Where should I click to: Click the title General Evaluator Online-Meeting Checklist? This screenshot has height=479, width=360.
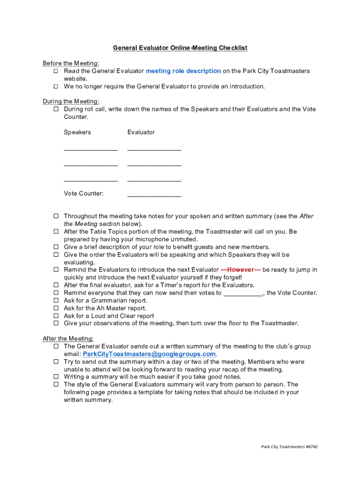click(180, 48)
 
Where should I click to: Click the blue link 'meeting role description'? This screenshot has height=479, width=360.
click(183, 71)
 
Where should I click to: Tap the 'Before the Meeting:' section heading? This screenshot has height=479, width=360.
click(71, 63)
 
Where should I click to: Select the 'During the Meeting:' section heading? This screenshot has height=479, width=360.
click(71, 101)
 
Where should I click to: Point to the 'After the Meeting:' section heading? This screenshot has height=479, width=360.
click(68, 338)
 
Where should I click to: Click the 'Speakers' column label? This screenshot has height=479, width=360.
click(77, 132)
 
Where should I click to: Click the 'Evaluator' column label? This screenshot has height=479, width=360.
click(141, 132)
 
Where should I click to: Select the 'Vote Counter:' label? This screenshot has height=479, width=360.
click(84, 194)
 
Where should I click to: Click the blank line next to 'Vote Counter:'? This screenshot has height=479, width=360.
click(154, 196)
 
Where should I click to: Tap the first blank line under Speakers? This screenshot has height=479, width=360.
click(91, 150)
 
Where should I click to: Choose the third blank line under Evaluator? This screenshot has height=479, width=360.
click(154, 181)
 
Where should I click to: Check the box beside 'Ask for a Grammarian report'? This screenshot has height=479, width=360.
click(56, 301)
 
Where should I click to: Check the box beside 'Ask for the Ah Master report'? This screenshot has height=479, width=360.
click(56, 308)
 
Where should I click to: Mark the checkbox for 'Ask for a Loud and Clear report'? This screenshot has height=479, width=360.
click(56, 316)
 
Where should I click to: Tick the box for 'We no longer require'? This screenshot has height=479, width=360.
click(56, 87)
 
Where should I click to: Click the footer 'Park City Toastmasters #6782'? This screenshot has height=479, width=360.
click(289, 447)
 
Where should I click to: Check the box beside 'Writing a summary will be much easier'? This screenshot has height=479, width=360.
click(56, 377)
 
